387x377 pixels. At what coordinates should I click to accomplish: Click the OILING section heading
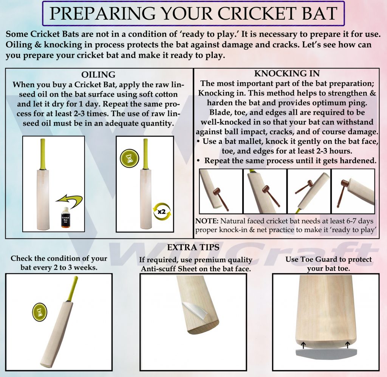[98, 74]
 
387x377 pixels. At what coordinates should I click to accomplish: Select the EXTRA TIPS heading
[193, 248]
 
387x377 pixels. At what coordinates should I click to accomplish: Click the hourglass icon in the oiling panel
[129, 158]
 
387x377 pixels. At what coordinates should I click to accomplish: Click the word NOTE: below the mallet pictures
[207, 221]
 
